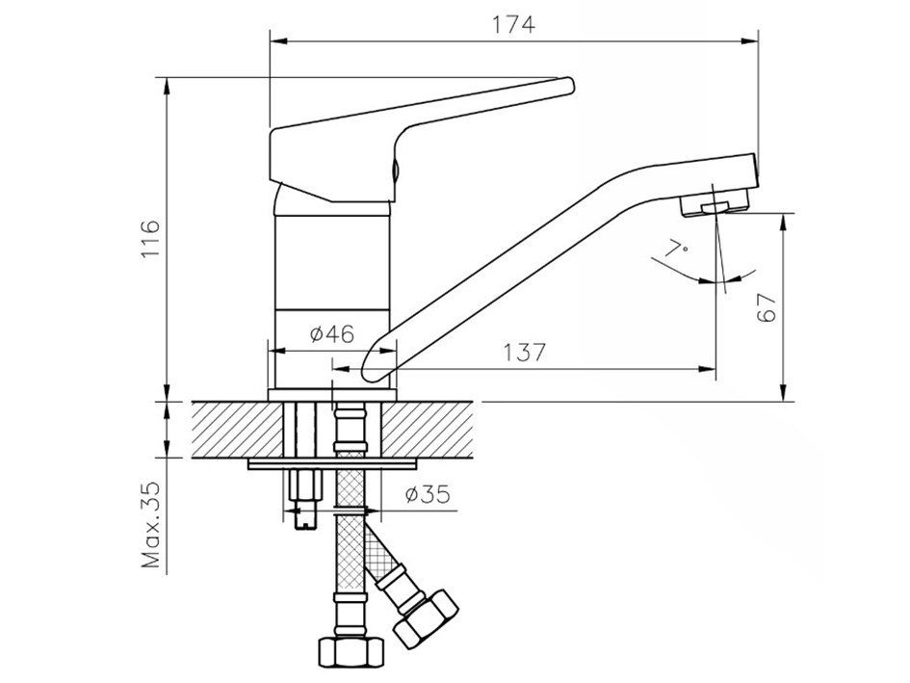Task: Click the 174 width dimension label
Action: pyautogui.click(x=513, y=24)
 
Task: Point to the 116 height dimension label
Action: pyautogui.click(x=150, y=239)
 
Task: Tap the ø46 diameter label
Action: pyautogui.click(x=331, y=334)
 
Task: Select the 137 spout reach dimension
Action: pyautogui.click(x=524, y=352)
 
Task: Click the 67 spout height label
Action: pyautogui.click(x=767, y=307)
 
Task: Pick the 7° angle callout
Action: pyautogui.click(x=676, y=248)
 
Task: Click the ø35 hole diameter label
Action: pyautogui.click(x=428, y=494)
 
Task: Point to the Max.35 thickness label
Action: pyautogui.click(x=150, y=524)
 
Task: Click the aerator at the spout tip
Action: pyautogui.click(x=714, y=206)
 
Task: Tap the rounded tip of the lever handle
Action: pyautogui.click(x=569, y=86)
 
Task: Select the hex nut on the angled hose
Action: pyautogui.click(x=425, y=619)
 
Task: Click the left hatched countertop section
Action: pyautogui.click(x=238, y=430)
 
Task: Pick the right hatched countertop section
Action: pyautogui.click(x=427, y=430)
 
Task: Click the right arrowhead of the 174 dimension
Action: pyautogui.click(x=750, y=40)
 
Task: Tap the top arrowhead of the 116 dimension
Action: pyautogui.click(x=168, y=85)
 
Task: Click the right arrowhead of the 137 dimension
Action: pyautogui.click(x=708, y=368)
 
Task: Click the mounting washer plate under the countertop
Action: pyautogui.click(x=333, y=464)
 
